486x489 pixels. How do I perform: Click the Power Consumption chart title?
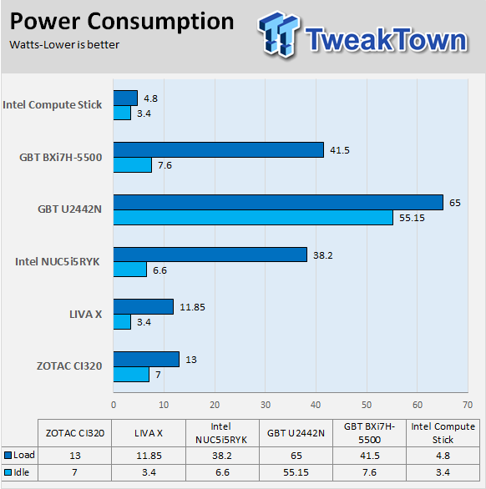point(122,23)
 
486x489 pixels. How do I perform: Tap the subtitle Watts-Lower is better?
point(64,45)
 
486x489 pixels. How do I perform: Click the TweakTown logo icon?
point(278,33)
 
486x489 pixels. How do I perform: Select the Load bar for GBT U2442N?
point(278,203)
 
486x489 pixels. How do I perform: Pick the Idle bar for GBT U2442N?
point(253,217)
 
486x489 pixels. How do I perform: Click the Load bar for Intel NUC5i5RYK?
point(210,255)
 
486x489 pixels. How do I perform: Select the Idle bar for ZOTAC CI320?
point(131,374)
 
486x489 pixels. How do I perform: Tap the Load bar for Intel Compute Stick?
point(125,98)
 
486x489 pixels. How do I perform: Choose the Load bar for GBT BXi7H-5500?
point(219,150)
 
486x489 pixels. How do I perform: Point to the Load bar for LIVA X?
point(144,307)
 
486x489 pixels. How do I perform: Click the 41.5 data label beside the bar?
point(340,150)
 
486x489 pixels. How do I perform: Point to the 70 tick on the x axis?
point(468,405)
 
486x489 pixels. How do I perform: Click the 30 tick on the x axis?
point(266,405)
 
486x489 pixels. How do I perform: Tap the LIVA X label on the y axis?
point(85,314)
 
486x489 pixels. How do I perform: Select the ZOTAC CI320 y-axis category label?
point(69,365)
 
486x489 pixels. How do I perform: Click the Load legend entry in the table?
point(19,455)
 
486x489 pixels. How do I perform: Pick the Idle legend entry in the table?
point(17,472)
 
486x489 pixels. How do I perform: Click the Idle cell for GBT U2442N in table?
point(296,472)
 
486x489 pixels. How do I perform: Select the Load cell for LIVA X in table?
point(149,456)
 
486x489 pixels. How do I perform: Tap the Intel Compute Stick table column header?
point(443,433)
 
